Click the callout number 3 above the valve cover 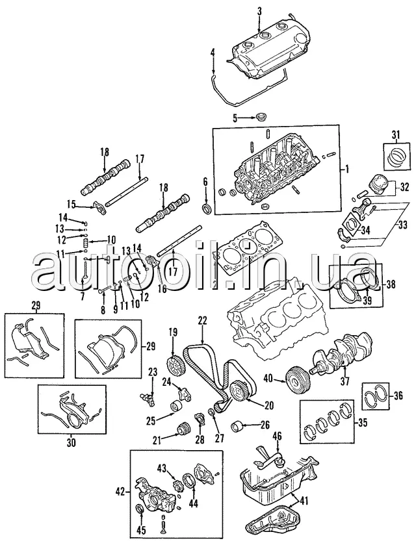(259, 11)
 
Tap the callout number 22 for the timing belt (202, 321)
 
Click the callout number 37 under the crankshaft (344, 381)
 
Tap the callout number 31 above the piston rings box (396, 134)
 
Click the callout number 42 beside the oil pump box (120, 492)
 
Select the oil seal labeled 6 (207, 208)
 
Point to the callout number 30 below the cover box (71, 442)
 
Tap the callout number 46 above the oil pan (277, 436)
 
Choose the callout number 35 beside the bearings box (363, 422)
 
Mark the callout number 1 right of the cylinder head (346, 170)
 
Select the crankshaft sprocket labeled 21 (183, 429)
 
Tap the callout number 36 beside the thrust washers (398, 395)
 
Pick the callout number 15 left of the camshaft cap (71, 205)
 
